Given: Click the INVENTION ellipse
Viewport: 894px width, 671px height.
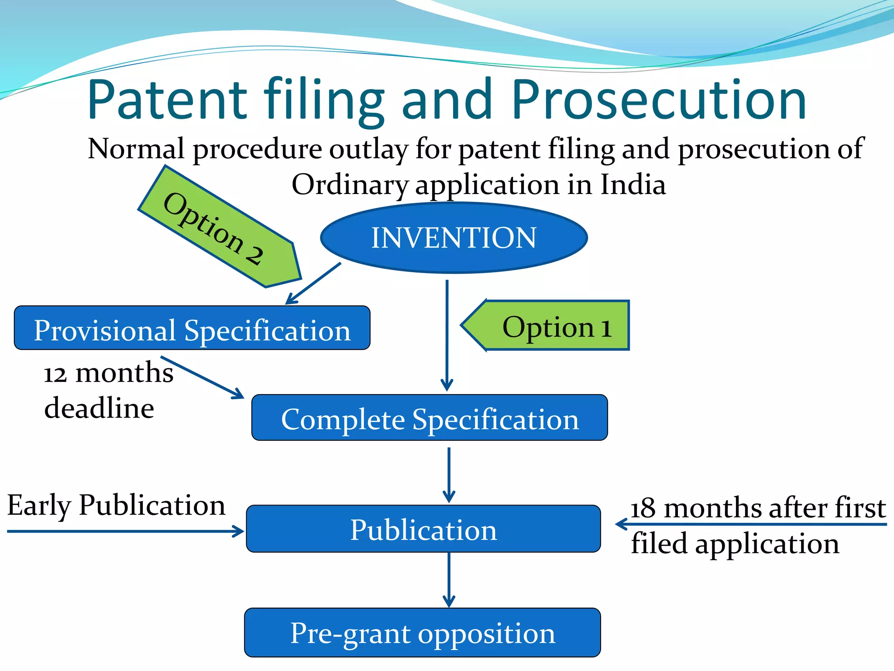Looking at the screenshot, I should click(x=454, y=238).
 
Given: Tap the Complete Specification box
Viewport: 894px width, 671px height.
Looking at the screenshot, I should click(x=430, y=418).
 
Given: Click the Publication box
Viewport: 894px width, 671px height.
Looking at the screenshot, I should click(x=423, y=529).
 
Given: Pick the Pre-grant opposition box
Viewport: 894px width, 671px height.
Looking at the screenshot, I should click(x=423, y=633).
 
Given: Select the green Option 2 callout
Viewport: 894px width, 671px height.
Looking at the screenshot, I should click(x=218, y=227).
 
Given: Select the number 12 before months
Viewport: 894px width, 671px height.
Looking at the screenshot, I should click(x=55, y=374).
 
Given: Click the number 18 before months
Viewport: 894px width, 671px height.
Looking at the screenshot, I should click(x=643, y=508).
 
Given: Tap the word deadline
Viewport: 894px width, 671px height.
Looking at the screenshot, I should click(x=99, y=408).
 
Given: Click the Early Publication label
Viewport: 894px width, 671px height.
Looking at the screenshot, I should click(x=116, y=505).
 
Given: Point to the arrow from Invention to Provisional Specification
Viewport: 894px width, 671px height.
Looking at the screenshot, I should click(x=313, y=283).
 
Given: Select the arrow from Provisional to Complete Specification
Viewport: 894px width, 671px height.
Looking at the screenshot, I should click(x=202, y=377).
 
